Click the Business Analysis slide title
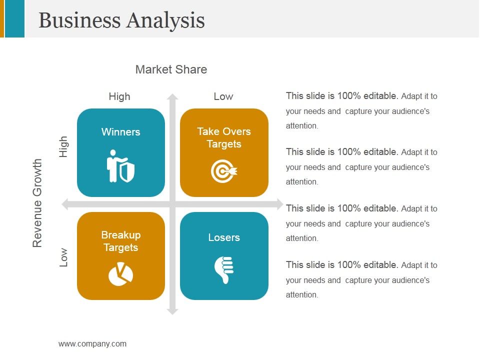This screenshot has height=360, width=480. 121,20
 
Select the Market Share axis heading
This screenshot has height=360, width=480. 171,69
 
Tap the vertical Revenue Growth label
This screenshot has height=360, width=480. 37,203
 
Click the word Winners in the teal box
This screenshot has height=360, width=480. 120,132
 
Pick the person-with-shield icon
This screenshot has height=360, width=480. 120,166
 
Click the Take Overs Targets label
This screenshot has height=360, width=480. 224,138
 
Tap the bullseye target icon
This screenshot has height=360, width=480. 223,171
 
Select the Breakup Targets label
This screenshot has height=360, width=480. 120,241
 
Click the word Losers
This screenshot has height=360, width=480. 224,237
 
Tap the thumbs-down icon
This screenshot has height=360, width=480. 224,270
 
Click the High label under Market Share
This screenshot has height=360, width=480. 119,96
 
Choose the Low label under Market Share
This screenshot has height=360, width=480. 223,96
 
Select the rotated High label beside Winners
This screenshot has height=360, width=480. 63,147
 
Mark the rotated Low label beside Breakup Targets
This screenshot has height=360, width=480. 63,257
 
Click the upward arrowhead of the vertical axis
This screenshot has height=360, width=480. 172,97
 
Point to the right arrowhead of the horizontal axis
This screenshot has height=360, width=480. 279,204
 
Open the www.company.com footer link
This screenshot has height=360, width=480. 92,343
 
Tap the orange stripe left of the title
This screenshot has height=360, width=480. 2,18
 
